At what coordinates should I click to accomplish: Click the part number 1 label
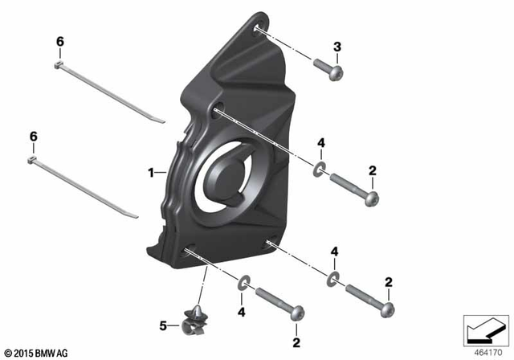point(150,172)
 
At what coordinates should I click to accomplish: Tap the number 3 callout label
point(337,47)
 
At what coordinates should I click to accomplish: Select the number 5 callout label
point(164,326)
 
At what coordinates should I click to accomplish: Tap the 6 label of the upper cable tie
point(59,41)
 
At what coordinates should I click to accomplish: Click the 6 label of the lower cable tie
point(34,138)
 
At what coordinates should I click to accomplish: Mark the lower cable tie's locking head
point(33,161)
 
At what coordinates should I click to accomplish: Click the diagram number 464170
point(484,350)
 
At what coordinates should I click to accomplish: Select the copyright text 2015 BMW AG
point(38,351)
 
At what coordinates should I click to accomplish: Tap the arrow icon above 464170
point(484,328)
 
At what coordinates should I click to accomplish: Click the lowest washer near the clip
point(244,283)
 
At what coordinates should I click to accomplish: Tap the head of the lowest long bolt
point(298,310)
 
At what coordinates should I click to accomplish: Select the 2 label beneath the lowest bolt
point(296,343)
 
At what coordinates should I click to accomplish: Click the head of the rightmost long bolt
point(390,307)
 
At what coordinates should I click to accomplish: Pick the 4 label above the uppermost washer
point(320,143)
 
